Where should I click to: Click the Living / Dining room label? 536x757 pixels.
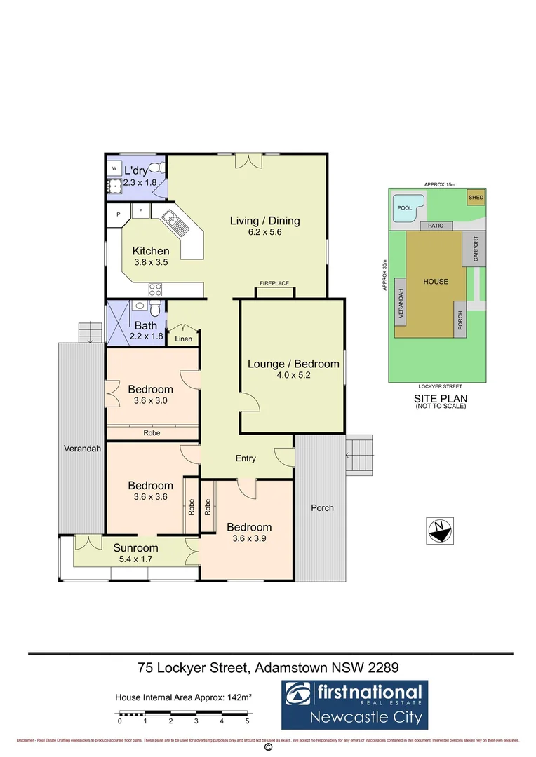click(x=264, y=221)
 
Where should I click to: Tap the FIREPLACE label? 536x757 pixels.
click(x=274, y=283)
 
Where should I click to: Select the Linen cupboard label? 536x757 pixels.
click(x=183, y=339)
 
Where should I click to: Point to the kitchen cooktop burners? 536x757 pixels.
click(x=155, y=289)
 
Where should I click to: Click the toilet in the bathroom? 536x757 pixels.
click(x=156, y=308)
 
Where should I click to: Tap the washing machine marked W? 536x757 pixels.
click(x=114, y=169)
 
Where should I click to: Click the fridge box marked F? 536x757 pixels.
click(x=140, y=210)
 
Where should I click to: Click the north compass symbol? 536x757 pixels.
click(x=439, y=531)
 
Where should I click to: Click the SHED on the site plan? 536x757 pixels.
click(x=476, y=198)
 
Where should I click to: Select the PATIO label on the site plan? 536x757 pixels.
click(x=436, y=226)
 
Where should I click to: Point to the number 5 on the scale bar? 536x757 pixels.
click(x=247, y=721)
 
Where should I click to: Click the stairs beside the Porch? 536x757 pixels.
click(x=361, y=453)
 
